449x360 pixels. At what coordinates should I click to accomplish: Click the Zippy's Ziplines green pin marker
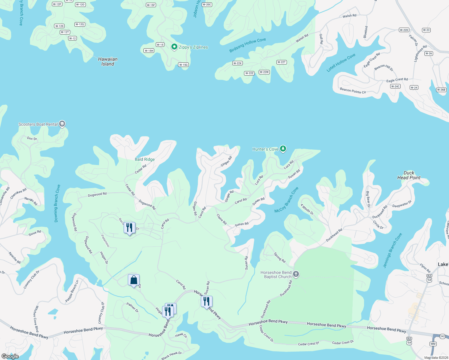(174, 47)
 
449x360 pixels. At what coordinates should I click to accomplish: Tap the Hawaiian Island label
(108, 61)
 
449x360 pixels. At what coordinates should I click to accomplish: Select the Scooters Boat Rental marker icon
(62, 124)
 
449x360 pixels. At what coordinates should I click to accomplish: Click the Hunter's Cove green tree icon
(283, 148)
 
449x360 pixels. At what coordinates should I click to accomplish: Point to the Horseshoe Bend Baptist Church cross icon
(296, 274)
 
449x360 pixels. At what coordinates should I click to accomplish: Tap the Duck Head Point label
(409, 175)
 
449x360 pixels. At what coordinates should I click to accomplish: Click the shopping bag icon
(134, 280)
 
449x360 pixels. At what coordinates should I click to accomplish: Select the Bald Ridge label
(145, 159)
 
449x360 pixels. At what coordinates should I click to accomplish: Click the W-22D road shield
(404, 30)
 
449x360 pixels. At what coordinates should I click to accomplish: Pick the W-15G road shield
(183, 65)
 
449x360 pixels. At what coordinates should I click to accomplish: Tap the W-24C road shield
(395, 86)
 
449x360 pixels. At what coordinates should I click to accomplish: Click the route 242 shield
(442, 336)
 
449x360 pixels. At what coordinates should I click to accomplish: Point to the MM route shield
(433, 344)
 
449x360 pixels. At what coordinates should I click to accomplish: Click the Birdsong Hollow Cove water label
(248, 45)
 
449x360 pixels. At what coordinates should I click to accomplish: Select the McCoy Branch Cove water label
(286, 200)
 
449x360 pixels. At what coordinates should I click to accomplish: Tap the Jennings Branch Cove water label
(392, 250)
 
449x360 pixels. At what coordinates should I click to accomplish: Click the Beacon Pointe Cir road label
(353, 91)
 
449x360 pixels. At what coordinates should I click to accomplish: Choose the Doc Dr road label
(32, 139)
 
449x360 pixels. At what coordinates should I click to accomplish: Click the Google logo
(10, 356)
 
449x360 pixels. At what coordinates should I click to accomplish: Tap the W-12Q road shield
(80, 25)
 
